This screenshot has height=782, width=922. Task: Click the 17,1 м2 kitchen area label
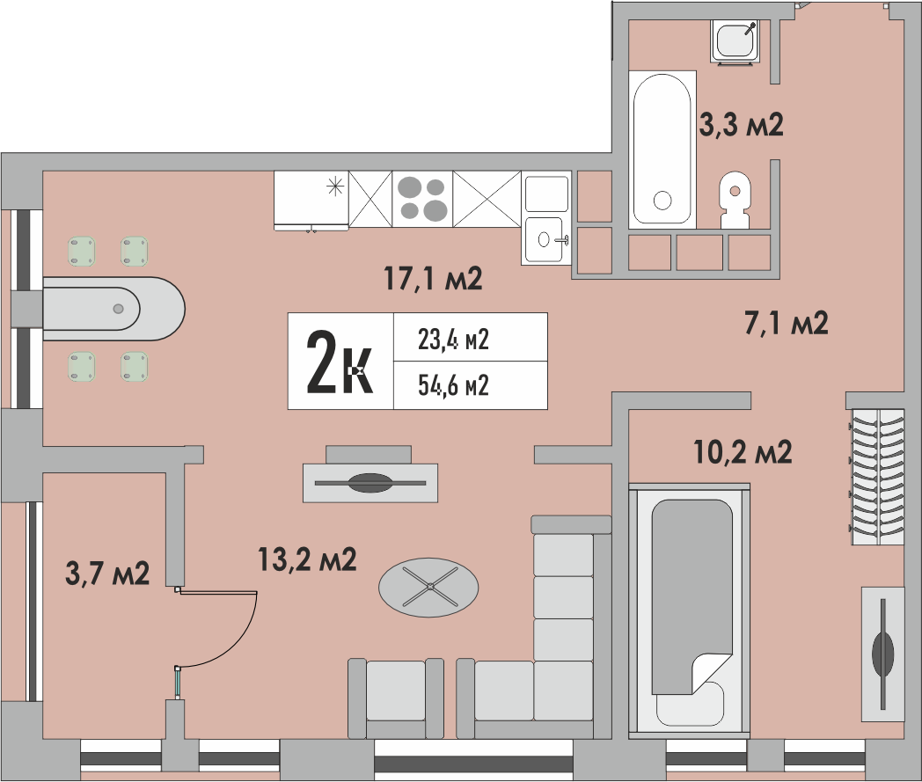434,278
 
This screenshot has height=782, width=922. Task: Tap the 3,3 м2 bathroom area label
741,125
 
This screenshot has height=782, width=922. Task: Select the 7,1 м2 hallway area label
787,323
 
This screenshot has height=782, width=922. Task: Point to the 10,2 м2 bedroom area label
743,451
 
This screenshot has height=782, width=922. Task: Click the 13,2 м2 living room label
308,559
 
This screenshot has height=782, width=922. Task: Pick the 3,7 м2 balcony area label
107,573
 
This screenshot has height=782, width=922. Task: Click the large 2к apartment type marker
340,361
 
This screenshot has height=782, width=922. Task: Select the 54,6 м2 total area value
453,385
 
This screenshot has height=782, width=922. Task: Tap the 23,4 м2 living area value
453,340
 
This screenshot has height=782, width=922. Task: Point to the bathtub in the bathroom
662,150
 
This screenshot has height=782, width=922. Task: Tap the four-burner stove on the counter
422,198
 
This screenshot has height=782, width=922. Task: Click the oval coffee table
428,587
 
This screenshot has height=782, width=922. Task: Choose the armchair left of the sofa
396,698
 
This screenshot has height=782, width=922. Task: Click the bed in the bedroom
690,610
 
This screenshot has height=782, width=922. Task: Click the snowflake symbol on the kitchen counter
335,187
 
